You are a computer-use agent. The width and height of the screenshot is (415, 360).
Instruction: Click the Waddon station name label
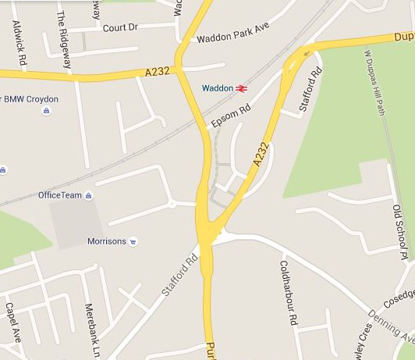(x=217, y=88)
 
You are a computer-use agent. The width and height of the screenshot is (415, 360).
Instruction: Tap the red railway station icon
(x=242, y=88)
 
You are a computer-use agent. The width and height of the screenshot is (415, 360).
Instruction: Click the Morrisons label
(x=106, y=241)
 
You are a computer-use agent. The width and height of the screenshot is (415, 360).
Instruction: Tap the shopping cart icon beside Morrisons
(x=133, y=241)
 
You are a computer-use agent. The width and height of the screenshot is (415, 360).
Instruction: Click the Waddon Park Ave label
(x=232, y=37)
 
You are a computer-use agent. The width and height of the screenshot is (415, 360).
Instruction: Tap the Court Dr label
(x=120, y=27)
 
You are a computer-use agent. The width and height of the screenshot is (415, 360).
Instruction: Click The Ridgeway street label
(x=63, y=39)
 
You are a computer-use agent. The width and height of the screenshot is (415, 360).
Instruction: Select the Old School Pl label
(x=400, y=231)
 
